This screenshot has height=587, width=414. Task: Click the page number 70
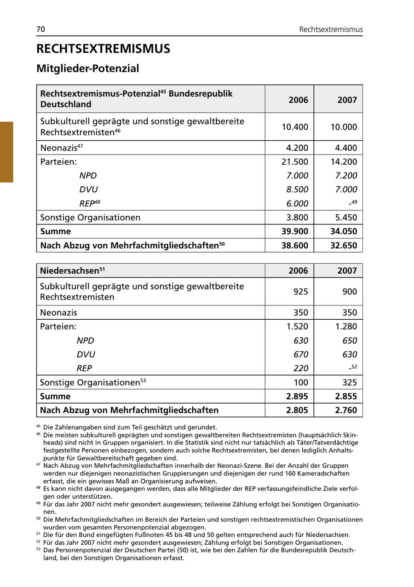pos(40,29)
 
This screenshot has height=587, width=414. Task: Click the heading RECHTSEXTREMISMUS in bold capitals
pos(103,49)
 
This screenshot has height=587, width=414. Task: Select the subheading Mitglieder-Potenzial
pos(88,69)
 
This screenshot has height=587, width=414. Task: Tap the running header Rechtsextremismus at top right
pos(331,29)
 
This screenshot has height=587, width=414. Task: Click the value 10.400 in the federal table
pos(294,127)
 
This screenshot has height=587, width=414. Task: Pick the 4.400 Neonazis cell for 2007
pos(344,148)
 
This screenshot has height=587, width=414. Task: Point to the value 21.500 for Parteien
pos(294,161)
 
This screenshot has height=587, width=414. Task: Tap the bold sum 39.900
pos(295,231)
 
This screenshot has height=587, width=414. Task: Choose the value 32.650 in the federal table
pos(344,245)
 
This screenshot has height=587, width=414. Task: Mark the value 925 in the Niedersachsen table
pos(300,292)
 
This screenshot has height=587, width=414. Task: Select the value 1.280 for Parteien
pos(346,327)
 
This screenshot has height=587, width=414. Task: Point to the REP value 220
pos(300,368)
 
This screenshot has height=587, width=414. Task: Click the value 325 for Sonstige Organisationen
pos(349,382)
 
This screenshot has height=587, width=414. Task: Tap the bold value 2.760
pos(346,410)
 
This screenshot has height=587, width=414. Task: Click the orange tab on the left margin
pos(6,152)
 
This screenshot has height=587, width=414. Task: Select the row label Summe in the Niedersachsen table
pos(56,396)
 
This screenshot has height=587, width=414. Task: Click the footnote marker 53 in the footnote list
pos(38,549)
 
